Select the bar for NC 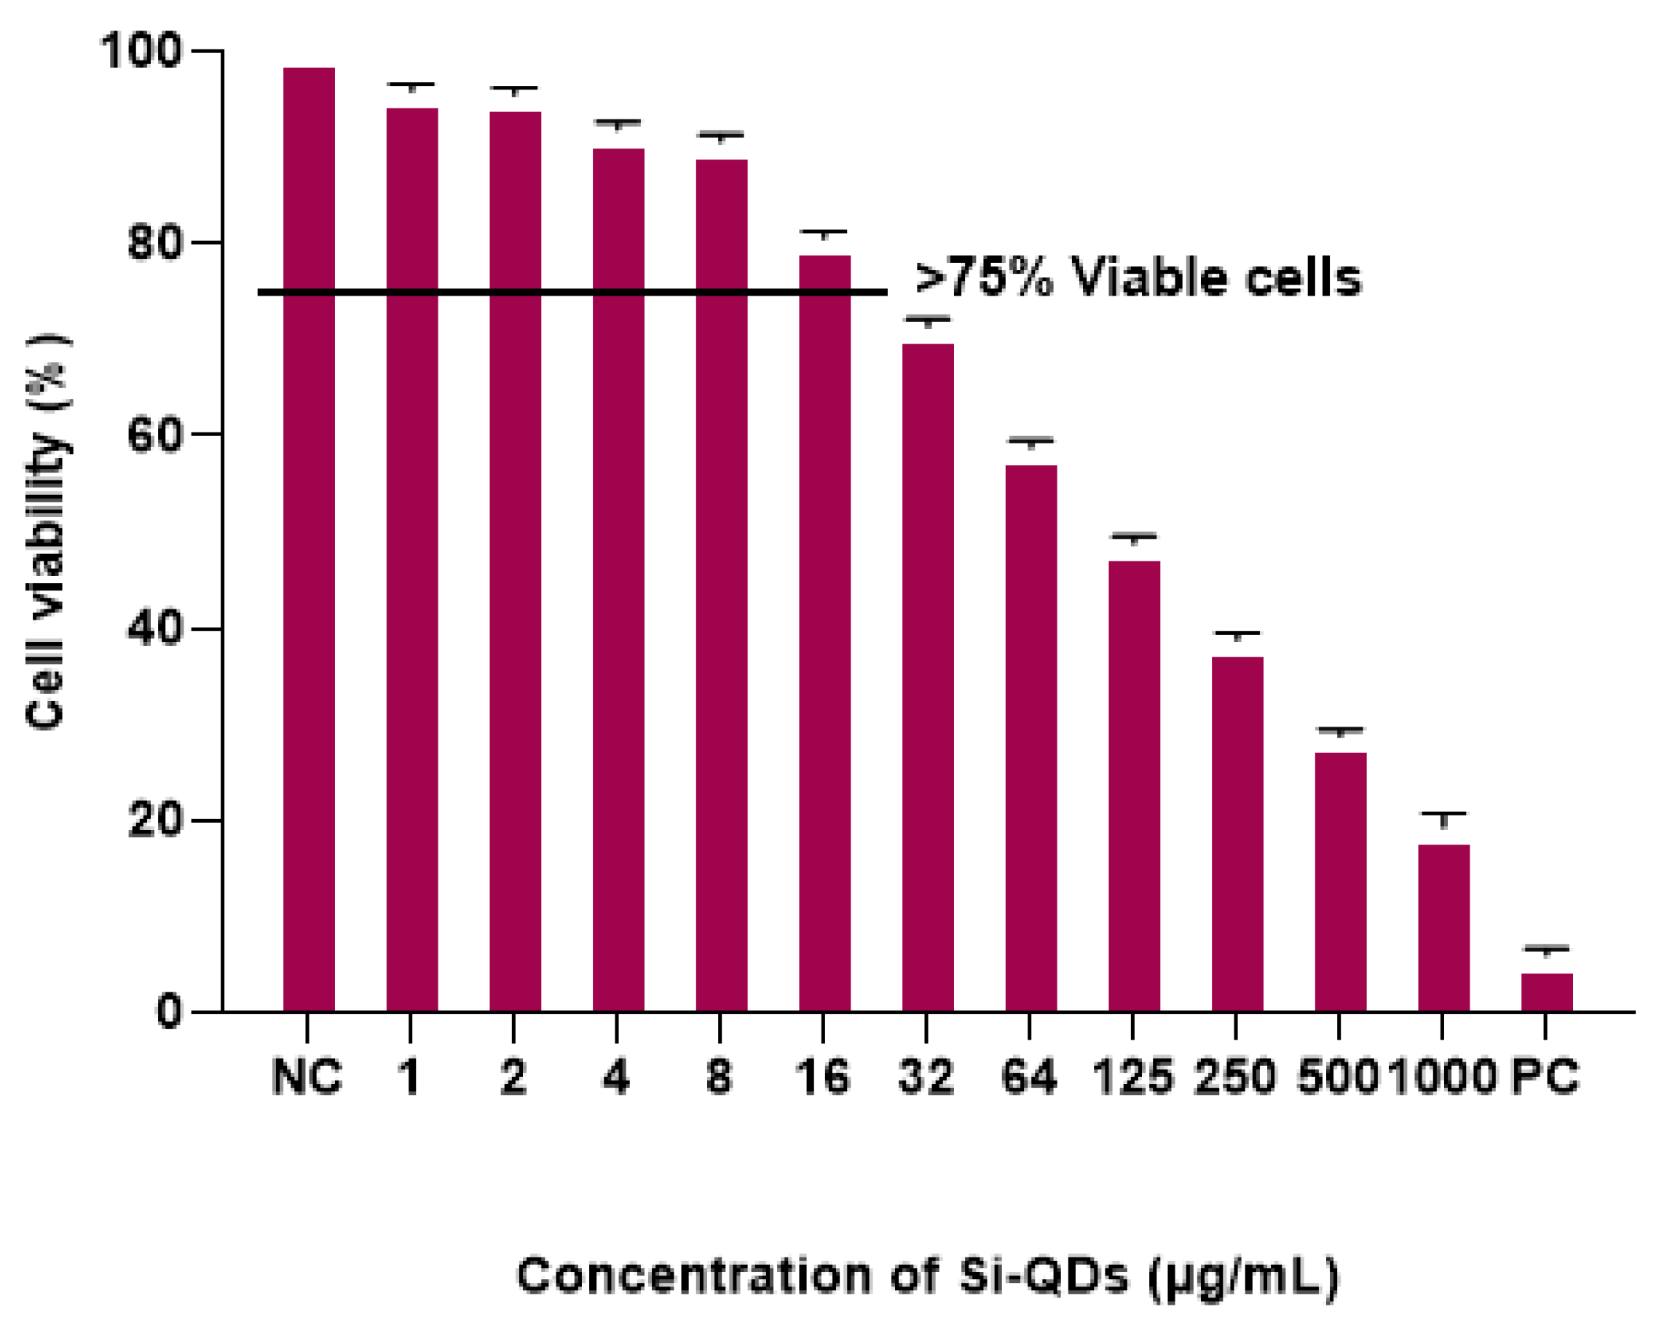[x=309, y=539]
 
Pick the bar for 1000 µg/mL [x=1443, y=927]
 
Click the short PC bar [x=1547, y=992]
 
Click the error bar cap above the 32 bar [x=928, y=317]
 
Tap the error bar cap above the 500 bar [x=1341, y=728]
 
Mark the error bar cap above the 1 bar [x=411, y=84]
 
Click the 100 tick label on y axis [x=140, y=52]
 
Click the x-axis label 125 [x=1132, y=1077]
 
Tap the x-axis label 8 [x=720, y=1077]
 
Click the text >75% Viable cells [x=1138, y=277]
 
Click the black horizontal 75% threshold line [x=572, y=293]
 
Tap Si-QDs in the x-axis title [x=1044, y=1275]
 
